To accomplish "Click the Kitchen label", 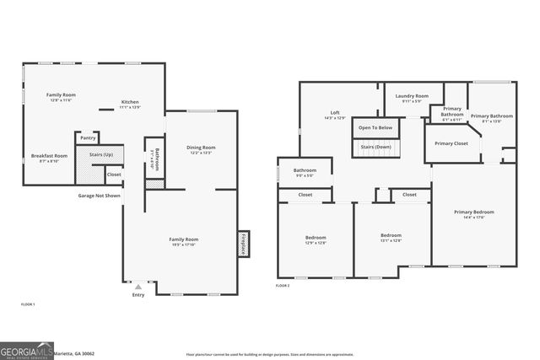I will tap(129, 102).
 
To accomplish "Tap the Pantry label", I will tap(88, 138).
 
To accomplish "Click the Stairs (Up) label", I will tap(100, 155).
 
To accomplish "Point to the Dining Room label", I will tap(201, 148).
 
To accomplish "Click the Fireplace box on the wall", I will tap(242, 244).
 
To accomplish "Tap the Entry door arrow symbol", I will tap(138, 286).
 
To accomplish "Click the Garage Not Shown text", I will tap(100, 196).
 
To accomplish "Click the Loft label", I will tap(335, 113).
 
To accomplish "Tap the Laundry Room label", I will tap(412, 96).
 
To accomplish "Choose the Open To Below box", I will tap(375, 127).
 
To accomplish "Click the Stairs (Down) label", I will tap(375, 147).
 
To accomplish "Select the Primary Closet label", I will tap(451, 143).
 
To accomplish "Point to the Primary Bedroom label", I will tap(473, 212).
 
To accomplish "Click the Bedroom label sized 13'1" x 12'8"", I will tap(391, 240).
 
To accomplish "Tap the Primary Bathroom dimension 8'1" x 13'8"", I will tap(491, 121).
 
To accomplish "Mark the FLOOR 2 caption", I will tap(283, 287).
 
